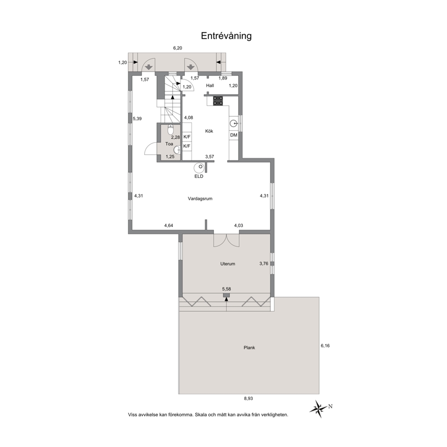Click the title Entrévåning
pos(226,36)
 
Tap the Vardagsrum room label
pos(200,199)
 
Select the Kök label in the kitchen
pos(209,131)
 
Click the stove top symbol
pos(218,101)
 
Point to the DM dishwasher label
pos(234,135)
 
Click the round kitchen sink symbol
pos(234,123)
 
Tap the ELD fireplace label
pos(199,177)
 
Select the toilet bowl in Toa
pos(171,130)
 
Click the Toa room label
pos(169,144)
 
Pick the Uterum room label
pos(228,264)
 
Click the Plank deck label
pos(249,348)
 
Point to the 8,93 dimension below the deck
pos(248,398)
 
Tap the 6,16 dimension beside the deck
pos(325,346)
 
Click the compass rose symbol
pos(319,409)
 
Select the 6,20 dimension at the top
pos(178,48)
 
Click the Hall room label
pos(210,86)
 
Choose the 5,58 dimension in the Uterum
pos(227,289)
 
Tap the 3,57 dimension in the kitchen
pos(210,157)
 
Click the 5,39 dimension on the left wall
pos(137,119)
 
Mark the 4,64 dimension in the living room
pos(169,225)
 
